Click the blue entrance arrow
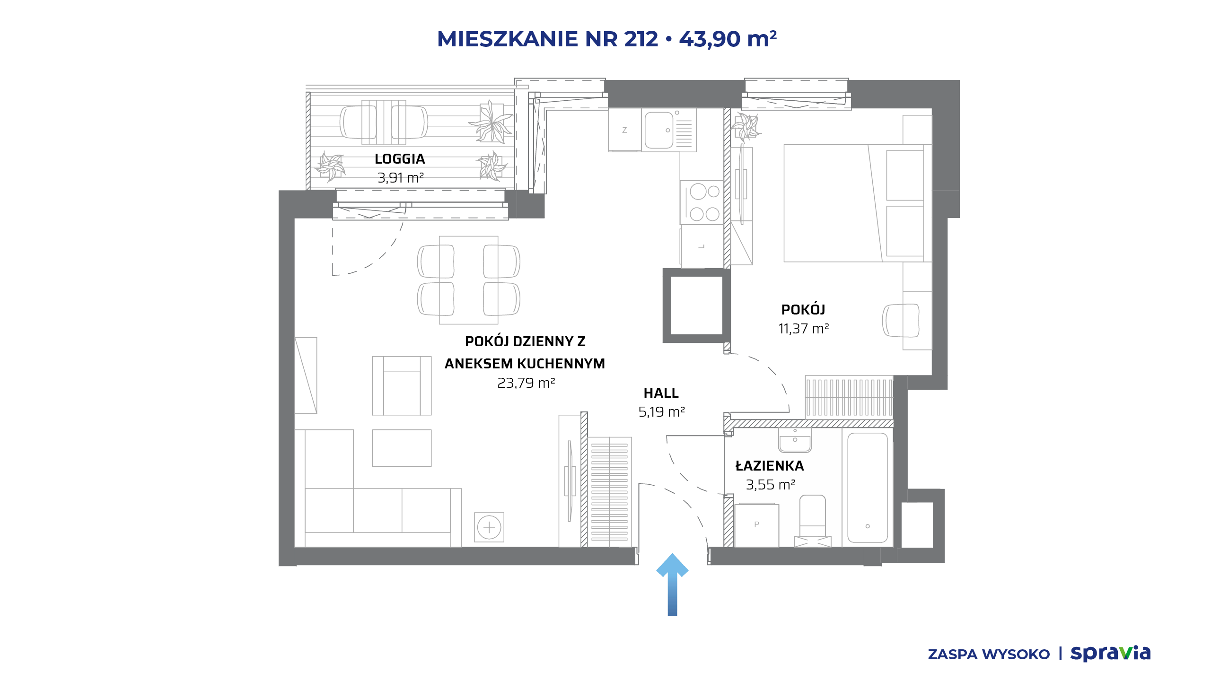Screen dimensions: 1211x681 point(672,585)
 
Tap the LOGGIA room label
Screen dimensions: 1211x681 point(400,159)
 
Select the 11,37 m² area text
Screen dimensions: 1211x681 point(804,329)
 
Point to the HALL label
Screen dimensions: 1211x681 point(661,393)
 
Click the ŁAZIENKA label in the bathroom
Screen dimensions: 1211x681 point(770,466)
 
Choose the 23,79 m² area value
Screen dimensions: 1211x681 point(526,383)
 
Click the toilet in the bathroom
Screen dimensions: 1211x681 point(813,520)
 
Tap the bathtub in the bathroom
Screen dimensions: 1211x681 point(867,488)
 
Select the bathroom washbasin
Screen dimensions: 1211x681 point(795,440)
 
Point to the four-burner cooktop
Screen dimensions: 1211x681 point(702,202)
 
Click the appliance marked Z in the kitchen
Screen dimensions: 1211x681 point(625,130)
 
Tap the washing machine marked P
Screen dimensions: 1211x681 point(757,525)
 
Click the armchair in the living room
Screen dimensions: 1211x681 point(402,385)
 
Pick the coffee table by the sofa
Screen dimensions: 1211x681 point(402,448)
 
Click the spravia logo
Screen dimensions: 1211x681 point(1110,654)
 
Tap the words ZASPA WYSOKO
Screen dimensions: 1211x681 point(989,655)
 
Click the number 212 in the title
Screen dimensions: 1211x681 point(641,39)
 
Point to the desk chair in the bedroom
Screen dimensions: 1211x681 point(901,320)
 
